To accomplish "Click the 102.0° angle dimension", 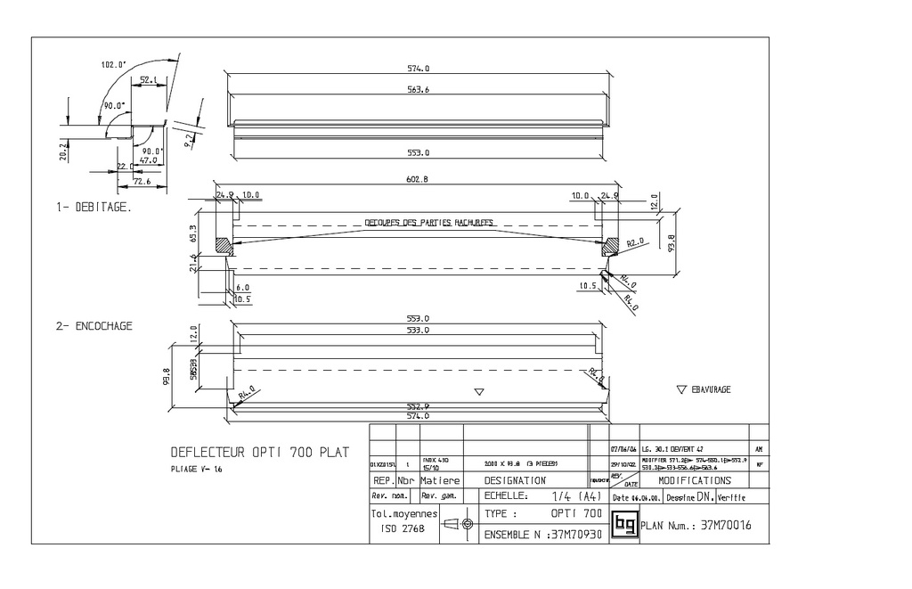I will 113,64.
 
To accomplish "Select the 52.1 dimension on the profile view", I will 149,79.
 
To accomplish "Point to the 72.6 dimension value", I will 142,182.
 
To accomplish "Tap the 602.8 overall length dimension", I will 418,179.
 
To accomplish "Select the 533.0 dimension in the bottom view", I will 418,330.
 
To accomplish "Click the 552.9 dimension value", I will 418,405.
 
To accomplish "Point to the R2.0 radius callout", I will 634,242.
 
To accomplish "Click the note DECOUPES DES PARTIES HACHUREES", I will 429,223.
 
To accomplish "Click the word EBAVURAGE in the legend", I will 711,390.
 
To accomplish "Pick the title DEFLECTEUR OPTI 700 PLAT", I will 259,452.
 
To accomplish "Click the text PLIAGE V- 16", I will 197,468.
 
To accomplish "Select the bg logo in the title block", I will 625,525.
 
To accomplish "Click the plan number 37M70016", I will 726,526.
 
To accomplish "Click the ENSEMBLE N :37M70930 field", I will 542,536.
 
